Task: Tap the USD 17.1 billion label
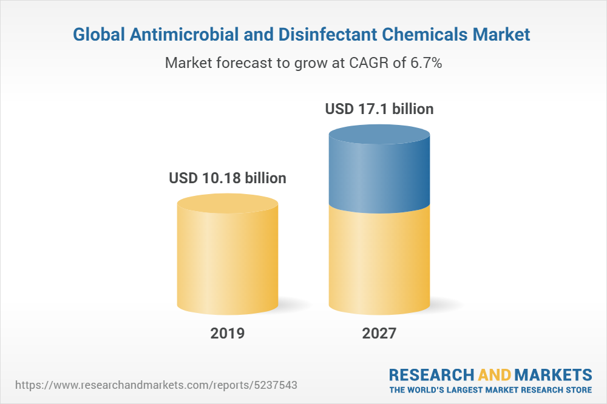[379, 109]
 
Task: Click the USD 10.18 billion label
[228, 178]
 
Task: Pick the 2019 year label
[228, 333]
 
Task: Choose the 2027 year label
[379, 333]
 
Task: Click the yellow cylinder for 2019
[228, 261]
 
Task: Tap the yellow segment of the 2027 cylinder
[379, 261]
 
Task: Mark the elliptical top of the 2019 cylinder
[228, 204]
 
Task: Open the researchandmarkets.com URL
[156, 385]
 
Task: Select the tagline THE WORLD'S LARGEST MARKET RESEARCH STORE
[490, 389]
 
